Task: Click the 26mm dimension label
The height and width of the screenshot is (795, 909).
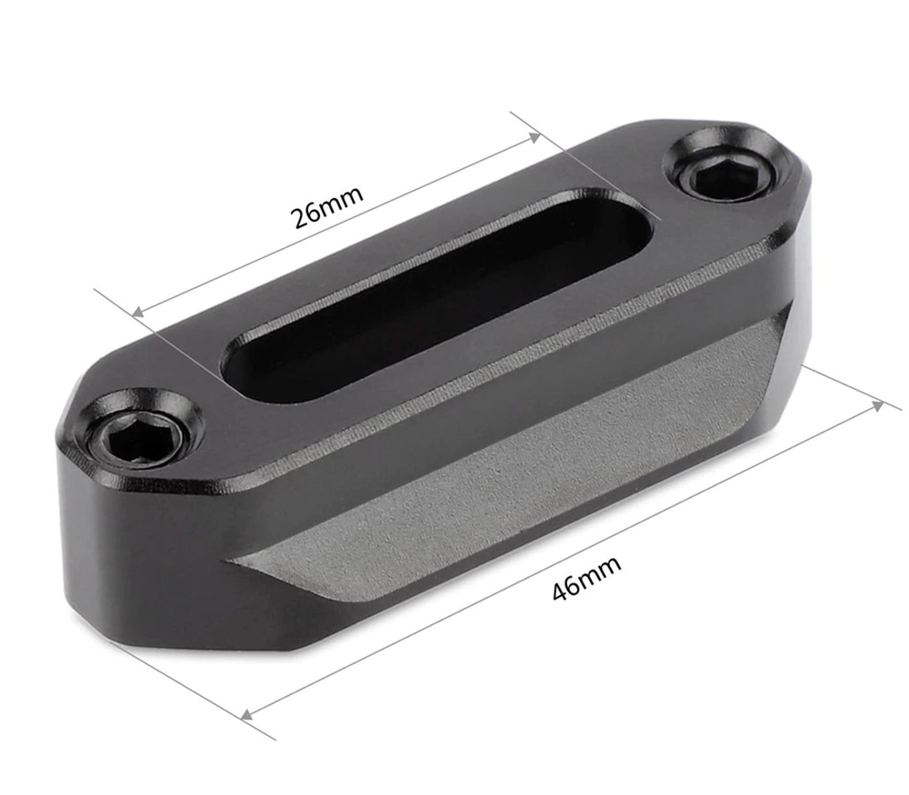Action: point(326,205)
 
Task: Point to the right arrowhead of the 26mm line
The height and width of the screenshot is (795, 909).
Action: point(536,137)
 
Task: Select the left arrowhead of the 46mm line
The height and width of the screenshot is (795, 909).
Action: point(246,714)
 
